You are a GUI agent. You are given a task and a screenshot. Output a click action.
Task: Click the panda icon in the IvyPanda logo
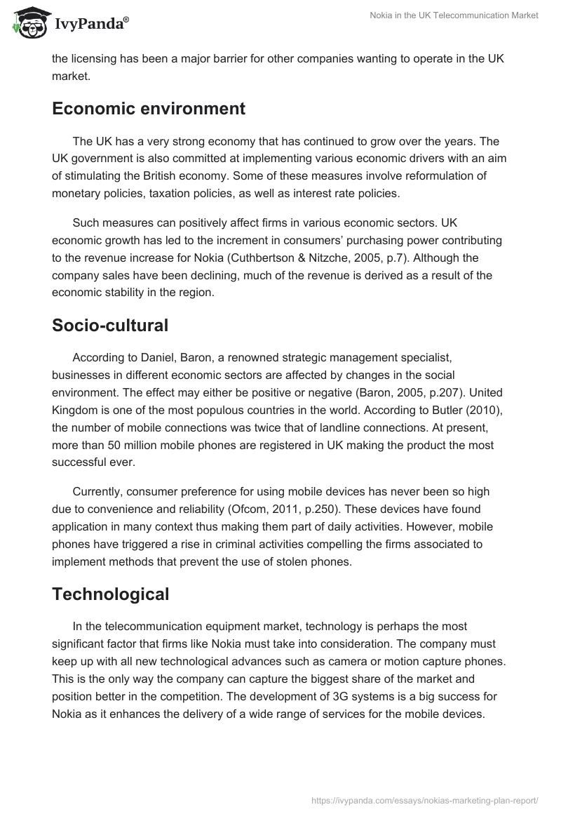[28, 23]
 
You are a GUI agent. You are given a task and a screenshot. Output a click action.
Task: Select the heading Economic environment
[149, 109]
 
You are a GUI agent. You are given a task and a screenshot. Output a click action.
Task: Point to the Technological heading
[111, 594]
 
